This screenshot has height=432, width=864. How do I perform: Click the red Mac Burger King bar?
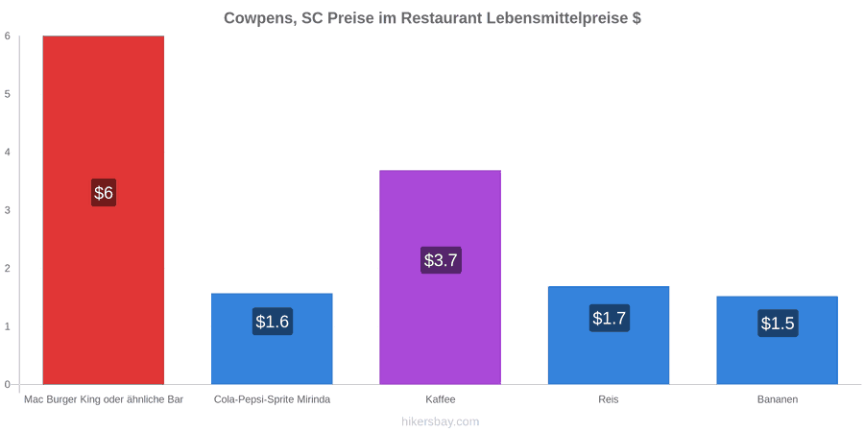(104, 210)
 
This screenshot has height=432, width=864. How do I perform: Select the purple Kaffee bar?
(441, 277)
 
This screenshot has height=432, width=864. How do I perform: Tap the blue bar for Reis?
(609, 335)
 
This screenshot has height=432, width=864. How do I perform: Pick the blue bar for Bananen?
(777, 340)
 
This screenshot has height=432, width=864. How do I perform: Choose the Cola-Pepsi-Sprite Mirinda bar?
(273, 339)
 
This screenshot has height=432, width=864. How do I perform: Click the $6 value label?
(104, 193)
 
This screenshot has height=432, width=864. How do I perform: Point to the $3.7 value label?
(441, 260)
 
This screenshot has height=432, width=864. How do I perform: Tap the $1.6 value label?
(273, 322)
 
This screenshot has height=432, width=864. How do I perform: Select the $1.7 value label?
(609, 318)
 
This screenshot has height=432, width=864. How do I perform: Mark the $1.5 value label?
(778, 324)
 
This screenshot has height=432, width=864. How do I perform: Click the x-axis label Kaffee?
(441, 400)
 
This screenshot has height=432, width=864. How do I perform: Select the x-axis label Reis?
(609, 400)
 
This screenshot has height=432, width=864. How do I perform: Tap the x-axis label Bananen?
(777, 400)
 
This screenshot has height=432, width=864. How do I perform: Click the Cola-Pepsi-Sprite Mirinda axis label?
(273, 400)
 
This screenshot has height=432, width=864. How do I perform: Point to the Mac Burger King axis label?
(104, 400)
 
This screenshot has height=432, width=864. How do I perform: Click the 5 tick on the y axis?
(8, 94)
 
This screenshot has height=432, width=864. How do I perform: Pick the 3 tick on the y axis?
(8, 210)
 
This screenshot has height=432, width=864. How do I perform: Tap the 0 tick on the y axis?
(8, 385)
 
